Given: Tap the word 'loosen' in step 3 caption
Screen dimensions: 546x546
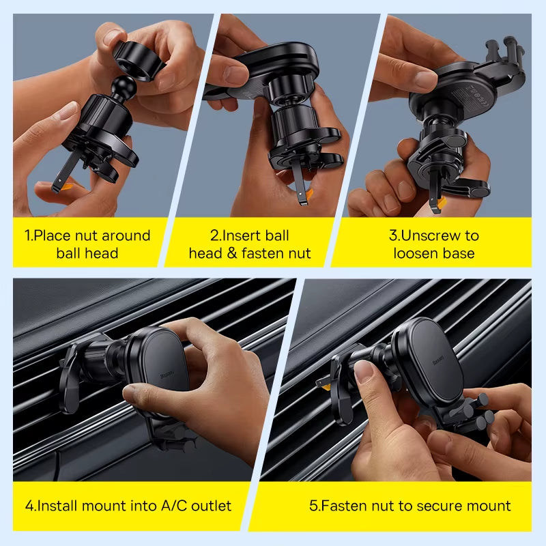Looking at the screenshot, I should click(x=416, y=254).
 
